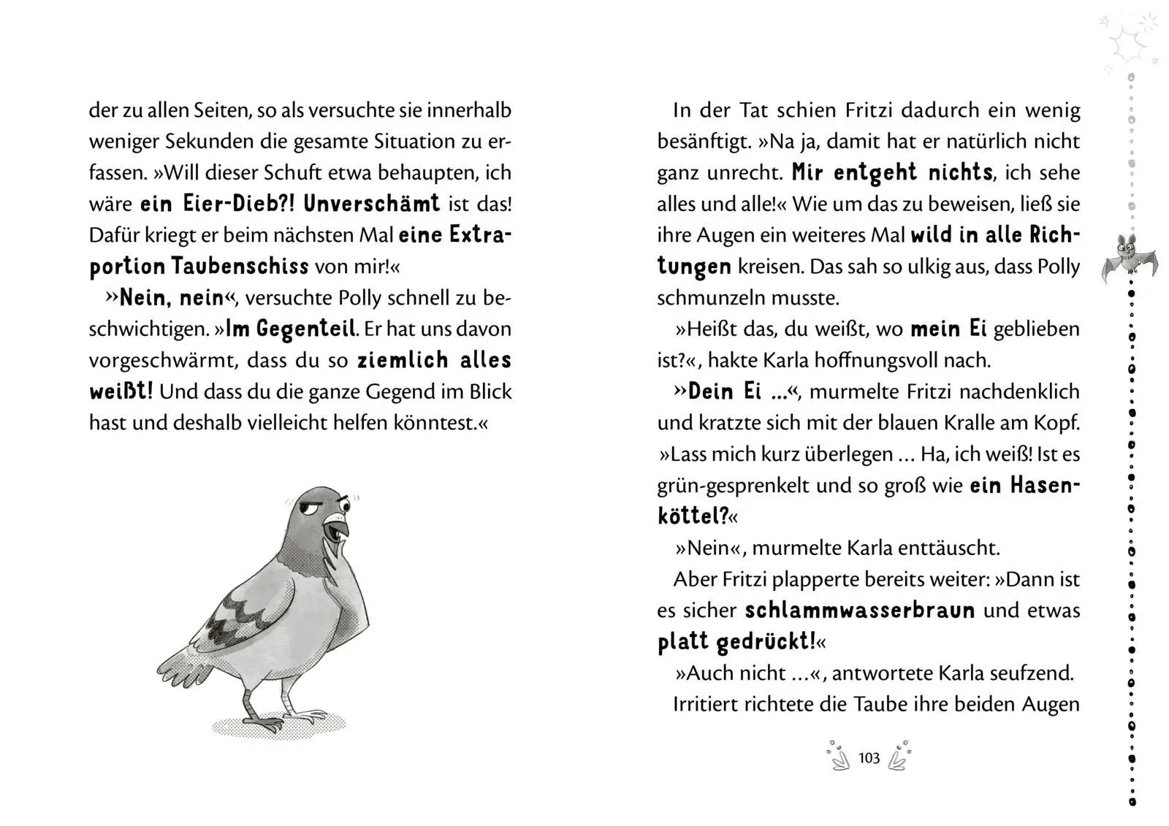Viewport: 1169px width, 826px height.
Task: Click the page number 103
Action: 869,758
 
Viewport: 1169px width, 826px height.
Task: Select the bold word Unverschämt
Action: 371,204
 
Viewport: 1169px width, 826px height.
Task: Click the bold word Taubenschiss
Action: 240,267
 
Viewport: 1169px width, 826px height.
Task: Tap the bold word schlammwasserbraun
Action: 859,611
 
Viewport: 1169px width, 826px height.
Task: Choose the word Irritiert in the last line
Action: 705,704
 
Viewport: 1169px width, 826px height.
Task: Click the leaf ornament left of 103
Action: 839,757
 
